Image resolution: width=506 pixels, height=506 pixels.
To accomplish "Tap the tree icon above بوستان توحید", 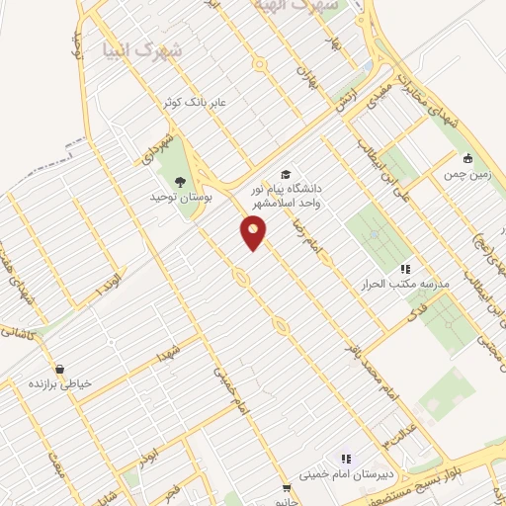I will pos(180,181).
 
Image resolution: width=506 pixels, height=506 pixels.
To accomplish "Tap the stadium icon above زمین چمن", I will pos(467,158).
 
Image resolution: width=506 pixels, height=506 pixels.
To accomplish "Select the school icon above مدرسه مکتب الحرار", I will pos(404,268).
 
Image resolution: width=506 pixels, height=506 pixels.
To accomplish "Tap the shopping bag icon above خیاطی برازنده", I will pos(59,368).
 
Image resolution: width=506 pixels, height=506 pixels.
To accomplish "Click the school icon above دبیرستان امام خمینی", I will pos(346,459).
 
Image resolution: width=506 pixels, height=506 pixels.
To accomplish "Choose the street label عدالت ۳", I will pos(399,432).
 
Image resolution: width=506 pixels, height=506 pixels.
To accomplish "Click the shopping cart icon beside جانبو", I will pos(287,487).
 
